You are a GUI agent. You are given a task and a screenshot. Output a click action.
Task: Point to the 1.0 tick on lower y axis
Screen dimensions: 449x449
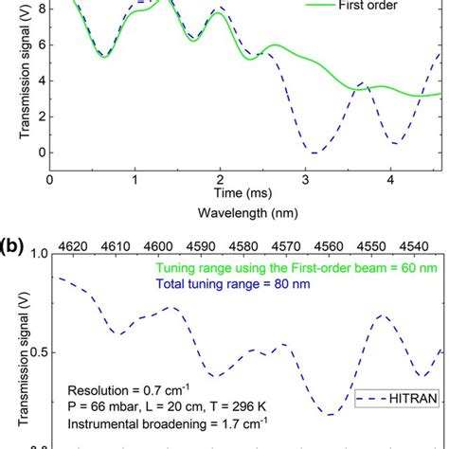click(34, 255)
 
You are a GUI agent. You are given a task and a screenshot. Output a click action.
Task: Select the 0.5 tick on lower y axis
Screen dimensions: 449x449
click(34, 351)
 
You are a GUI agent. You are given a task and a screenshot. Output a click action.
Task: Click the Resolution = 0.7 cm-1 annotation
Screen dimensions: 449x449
click(122, 388)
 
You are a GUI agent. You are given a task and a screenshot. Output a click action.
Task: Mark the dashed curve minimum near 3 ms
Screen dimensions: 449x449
click(311, 153)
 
